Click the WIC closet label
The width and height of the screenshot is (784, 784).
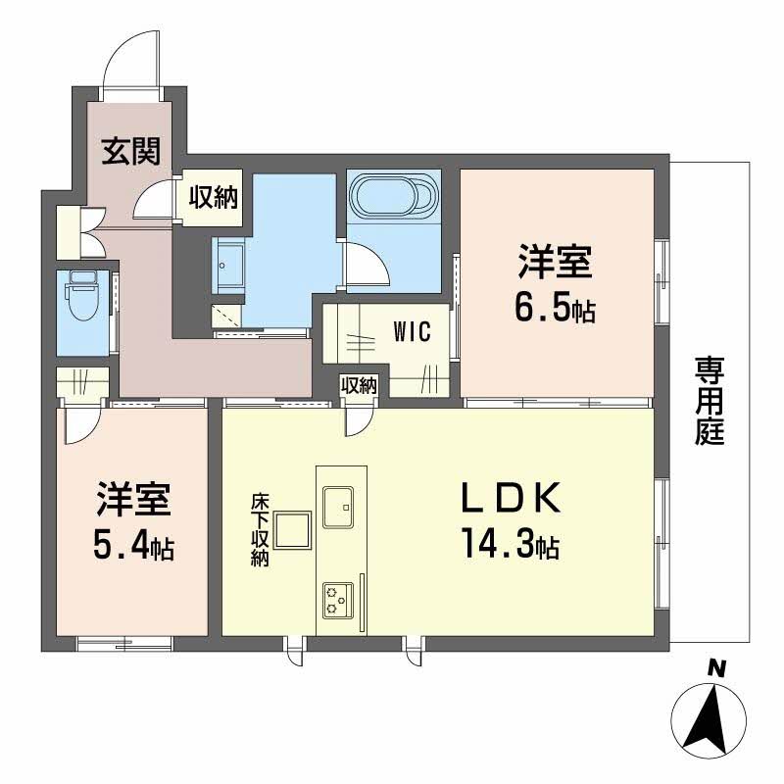(413, 331)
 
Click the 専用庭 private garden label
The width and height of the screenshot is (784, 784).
(710, 401)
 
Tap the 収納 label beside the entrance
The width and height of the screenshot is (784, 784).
(213, 198)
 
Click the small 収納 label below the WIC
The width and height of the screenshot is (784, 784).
(359, 385)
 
